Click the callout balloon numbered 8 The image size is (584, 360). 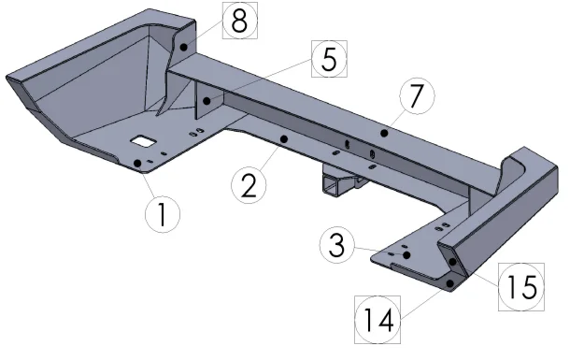240,21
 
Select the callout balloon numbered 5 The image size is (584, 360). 329,59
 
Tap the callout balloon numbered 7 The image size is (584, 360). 417,95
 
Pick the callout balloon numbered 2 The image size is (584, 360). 249,185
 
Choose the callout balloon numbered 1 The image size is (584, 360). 163,214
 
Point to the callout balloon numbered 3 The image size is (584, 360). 337,246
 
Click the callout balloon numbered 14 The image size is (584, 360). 377,320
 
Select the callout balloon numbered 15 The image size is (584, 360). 521,287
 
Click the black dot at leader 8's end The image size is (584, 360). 184,47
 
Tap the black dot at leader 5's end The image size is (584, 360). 207,101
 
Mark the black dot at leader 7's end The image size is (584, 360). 384,133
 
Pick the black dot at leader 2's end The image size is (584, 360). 284,139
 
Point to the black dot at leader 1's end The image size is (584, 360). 137,163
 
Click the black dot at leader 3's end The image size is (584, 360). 406,255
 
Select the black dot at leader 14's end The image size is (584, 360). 450,283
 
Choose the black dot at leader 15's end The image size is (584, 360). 452,262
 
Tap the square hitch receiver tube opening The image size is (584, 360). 331,186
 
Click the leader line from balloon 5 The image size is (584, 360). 259,79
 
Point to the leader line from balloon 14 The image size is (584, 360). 426,300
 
